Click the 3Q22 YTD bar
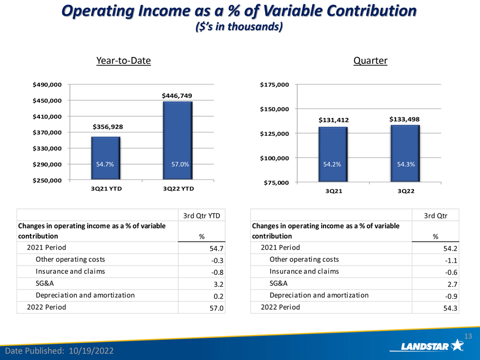click(178, 141)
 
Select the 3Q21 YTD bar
click(106, 158)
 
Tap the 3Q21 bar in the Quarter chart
click(333, 154)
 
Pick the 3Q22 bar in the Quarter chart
click(405, 153)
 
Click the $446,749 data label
click(177, 96)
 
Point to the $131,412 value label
click(334, 120)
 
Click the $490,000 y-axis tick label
click(47, 85)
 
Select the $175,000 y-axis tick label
click(274, 85)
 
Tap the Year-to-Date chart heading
click(124, 61)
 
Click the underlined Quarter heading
click(370, 61)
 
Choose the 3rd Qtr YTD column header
click(201, 216)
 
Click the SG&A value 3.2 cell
click(218, 284)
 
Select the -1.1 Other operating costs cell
click(451, 261)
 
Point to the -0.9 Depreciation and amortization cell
click(451, 296)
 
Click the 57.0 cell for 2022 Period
click(217, 308)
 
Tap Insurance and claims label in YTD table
click(70, 271)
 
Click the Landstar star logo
click(457, 345)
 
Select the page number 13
click(468, 336)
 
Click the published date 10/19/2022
click(91, 351)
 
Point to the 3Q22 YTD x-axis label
click(178, 189)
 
